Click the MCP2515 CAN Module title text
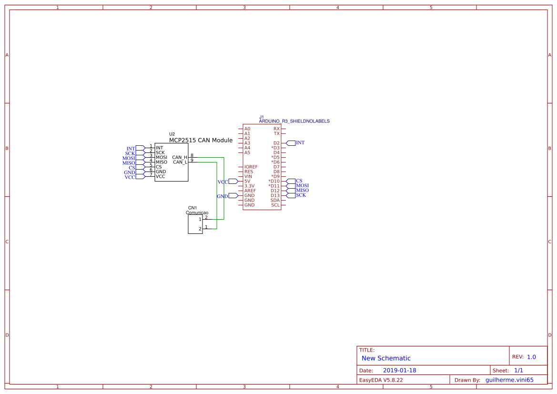(201, 141)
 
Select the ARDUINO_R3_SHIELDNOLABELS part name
(294, 121)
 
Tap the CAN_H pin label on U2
(180, 157)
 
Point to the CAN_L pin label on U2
(180, 162)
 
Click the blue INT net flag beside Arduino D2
(300, 143)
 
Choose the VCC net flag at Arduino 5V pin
(223, 182)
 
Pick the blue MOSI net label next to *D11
(302, 186)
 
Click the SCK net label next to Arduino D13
(301, 195)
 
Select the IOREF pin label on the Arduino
(251, 167)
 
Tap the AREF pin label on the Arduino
(250, 191)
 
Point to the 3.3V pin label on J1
(249, 186)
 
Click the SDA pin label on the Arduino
(275, 200)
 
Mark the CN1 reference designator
(192, 208)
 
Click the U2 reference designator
(172, 134)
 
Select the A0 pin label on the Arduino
(247, 129)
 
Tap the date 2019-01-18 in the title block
(399, 370)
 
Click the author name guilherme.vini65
(509, 380)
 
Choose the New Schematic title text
(386, 358)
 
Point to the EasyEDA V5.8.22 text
(381, 380)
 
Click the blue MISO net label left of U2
(129, 163)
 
